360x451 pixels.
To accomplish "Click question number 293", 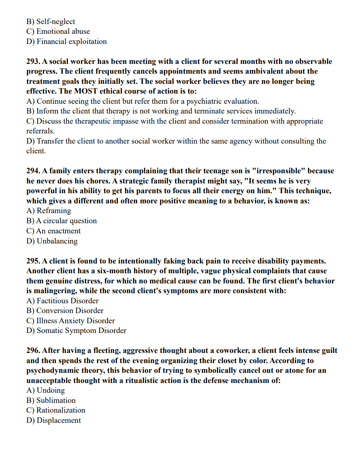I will (33, 61).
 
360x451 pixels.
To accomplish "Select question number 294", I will (33, 171).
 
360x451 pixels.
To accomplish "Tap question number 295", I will (33, 261).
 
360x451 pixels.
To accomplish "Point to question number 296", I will (33, 351).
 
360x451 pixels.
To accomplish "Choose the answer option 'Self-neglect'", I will (51, 21).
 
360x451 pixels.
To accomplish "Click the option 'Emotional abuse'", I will (58, 31).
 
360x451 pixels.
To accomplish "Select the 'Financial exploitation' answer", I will (67, 41).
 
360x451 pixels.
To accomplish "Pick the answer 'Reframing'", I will (49, 210).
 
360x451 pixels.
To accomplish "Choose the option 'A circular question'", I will (62, 221).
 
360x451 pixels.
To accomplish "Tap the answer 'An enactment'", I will (53, 231).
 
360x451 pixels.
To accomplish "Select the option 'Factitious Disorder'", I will (62, 301).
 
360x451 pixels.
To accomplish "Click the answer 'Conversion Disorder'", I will (65, 310).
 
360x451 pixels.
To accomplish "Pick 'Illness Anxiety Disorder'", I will (71, 321).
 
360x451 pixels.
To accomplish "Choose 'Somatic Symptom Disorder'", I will (76, 330).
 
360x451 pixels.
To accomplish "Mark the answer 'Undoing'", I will (45, 390).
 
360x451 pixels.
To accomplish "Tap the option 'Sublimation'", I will (51, 400).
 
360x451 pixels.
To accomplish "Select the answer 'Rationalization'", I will (56, 410).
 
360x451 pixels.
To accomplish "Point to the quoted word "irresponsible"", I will (278, 171).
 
